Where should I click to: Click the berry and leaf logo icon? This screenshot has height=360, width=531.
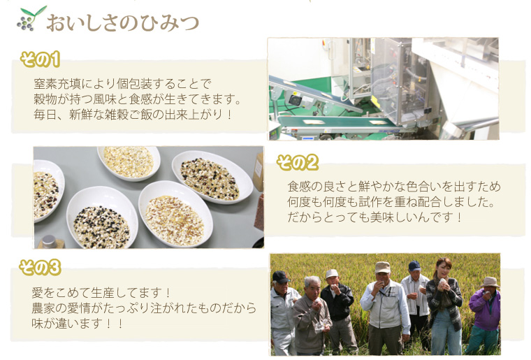pos(31,18)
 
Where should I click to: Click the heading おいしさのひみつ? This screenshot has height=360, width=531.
pos(122,23)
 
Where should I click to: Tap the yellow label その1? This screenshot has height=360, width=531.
pos(41,59)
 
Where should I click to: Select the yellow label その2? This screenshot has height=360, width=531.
pos(298,163)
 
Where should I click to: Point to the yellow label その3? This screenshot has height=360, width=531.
pos(40,268)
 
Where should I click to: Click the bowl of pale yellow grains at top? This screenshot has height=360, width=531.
pos(129,164)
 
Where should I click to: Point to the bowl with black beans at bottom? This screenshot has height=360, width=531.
pos(102,218)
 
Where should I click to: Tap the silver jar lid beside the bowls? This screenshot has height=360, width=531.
pos(50,241)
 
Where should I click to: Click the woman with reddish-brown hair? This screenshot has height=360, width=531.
pos(444,305)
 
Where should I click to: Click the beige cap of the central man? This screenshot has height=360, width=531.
pos(383,267)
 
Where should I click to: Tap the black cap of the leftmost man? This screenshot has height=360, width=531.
pos(280,277)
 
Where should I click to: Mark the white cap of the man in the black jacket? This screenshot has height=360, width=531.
pos(332,273)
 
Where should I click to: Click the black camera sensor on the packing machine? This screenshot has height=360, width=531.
pos(295,99)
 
